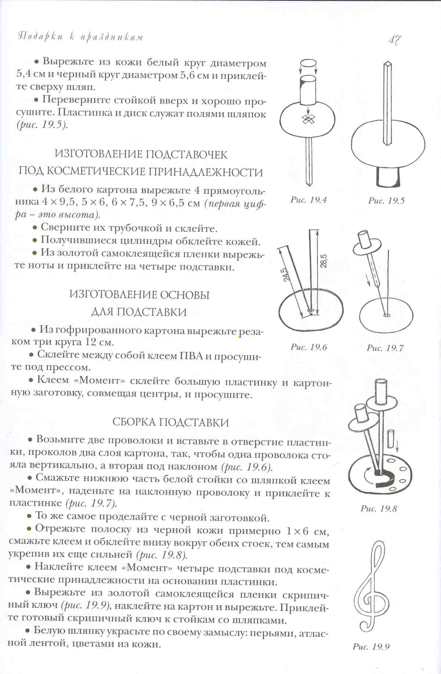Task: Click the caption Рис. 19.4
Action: [x=308, y=200]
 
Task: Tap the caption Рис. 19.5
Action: [x=386, y=200]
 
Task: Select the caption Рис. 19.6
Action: [x=308, y=347]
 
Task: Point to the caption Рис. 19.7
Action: [x=385, y=348]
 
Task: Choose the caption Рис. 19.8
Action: [x=379, y=509]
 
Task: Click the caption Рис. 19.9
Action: [x=371, y=647]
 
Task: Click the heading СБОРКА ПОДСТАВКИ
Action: [x=170, y=423]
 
